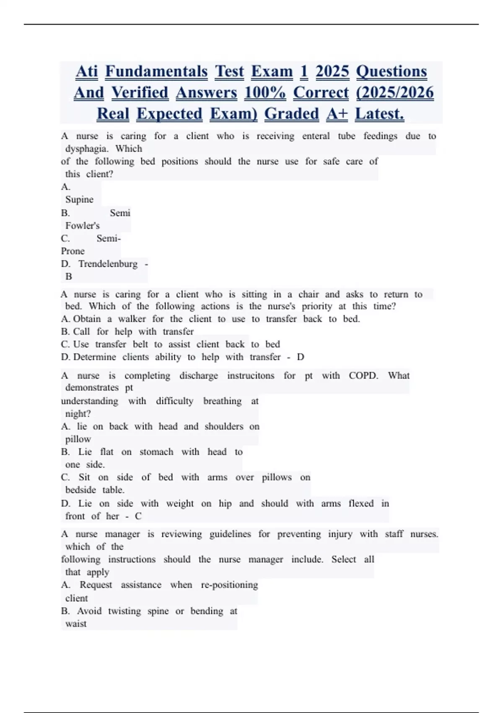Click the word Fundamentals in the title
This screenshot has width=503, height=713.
point(156,72)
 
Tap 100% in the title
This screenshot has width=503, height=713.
point(265,93)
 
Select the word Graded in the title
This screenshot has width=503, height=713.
point(291,114)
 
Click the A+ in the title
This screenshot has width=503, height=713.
point(337,114)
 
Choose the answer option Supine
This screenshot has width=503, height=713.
point(79,200)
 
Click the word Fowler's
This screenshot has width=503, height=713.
point(83,226)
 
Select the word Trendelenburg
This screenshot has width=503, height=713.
point(108,264)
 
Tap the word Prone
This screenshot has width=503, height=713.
point(73,251)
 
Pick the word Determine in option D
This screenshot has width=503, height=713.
point(95,357)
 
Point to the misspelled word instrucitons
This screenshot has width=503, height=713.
point(251,375)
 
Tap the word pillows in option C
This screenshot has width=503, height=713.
point(277,477)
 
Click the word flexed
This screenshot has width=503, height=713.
point(361,503)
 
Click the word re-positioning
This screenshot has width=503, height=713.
point(229,585)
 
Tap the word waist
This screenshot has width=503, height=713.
point(76,624)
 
